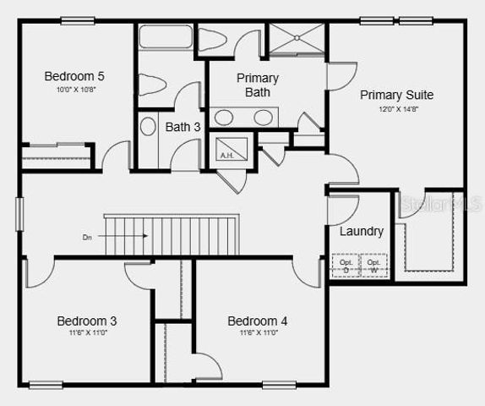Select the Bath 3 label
(183, 127)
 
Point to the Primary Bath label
(257, 85)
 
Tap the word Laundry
(361, 231)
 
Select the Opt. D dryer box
(346, 265)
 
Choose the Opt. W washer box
(373, 265)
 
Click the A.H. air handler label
(227, 156)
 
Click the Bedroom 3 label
(86, 321)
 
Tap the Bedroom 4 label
(258, 321)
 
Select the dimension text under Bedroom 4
(258, 333)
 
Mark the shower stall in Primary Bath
(296, 39)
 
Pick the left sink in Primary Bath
(226, 116)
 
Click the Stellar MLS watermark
(439, 205)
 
